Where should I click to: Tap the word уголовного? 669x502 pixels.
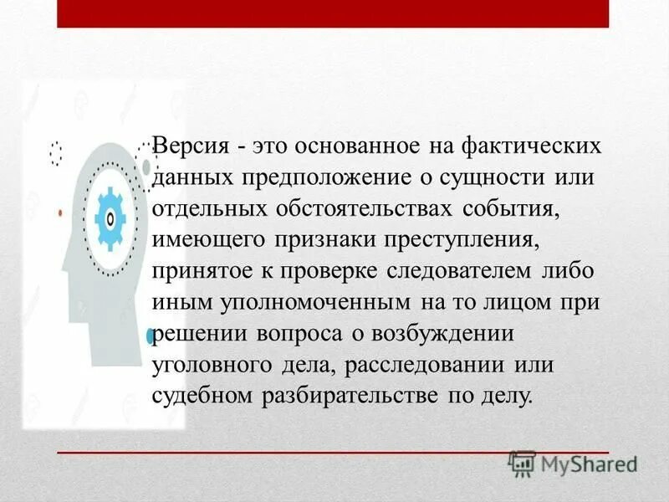[x=210, y=365]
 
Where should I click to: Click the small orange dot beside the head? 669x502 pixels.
[x=60, y=214]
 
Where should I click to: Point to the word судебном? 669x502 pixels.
[x=205, y=396]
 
